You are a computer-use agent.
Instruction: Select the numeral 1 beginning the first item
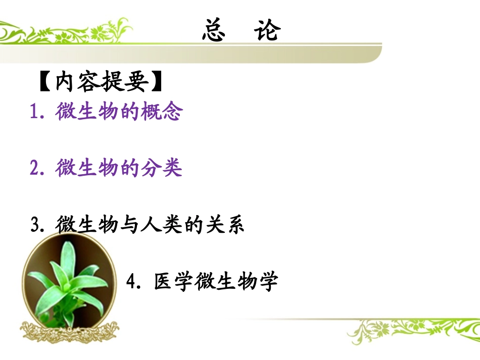pos(35,113)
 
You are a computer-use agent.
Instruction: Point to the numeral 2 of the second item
pos(35,169)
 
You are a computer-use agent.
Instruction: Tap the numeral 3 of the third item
pos(35,225)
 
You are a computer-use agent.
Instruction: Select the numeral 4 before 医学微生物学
pos(132,282)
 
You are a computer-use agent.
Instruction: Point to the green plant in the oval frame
pos(69,283)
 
